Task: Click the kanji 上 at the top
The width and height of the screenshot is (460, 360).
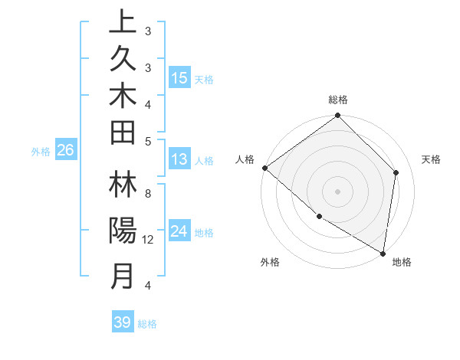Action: point(123,22)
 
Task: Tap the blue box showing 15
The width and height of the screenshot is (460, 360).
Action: point(179,78)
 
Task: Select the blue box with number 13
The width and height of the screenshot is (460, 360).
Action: point(179,160)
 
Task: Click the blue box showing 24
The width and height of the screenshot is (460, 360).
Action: point(179,232)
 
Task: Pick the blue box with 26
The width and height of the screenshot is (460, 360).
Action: point(65,151)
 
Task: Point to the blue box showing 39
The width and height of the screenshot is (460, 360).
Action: point(123,322)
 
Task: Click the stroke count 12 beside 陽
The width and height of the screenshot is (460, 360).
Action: point(149,240)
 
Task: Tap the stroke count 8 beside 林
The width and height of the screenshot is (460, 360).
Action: point(147,195)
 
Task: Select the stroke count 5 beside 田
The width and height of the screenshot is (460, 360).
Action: point(147,141)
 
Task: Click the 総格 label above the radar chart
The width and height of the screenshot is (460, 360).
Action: point(338,100)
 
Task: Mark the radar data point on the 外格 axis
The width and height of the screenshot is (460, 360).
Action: point(319,217)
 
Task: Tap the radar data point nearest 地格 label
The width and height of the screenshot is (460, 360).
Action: point(383,253)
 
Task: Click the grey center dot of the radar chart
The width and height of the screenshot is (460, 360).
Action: point(337,191)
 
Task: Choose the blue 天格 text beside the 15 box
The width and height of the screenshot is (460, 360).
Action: point(204,79)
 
